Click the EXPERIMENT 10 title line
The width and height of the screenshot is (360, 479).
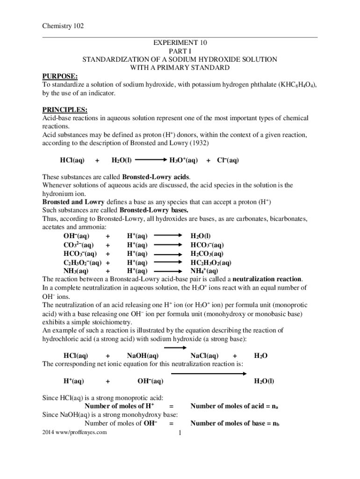pyautogui.click(x=180, y=43)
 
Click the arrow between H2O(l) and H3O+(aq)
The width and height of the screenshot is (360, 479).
pyautogui.click(x=150, y=160)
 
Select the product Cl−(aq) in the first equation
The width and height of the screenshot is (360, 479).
pyautogui.click(x=228, y=160)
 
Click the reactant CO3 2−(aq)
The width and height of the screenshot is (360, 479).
pyautogui.click(x=78, y=245)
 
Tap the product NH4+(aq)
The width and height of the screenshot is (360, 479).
pyautogui.click(x=204, y=270)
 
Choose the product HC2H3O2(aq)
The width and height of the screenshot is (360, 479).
pyautogui.click(x=211, y=262)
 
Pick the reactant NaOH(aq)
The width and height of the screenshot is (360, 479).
pyautogui.click(x=143, y=356)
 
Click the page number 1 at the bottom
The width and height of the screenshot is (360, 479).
pyautogui.click(x=180, y=433)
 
